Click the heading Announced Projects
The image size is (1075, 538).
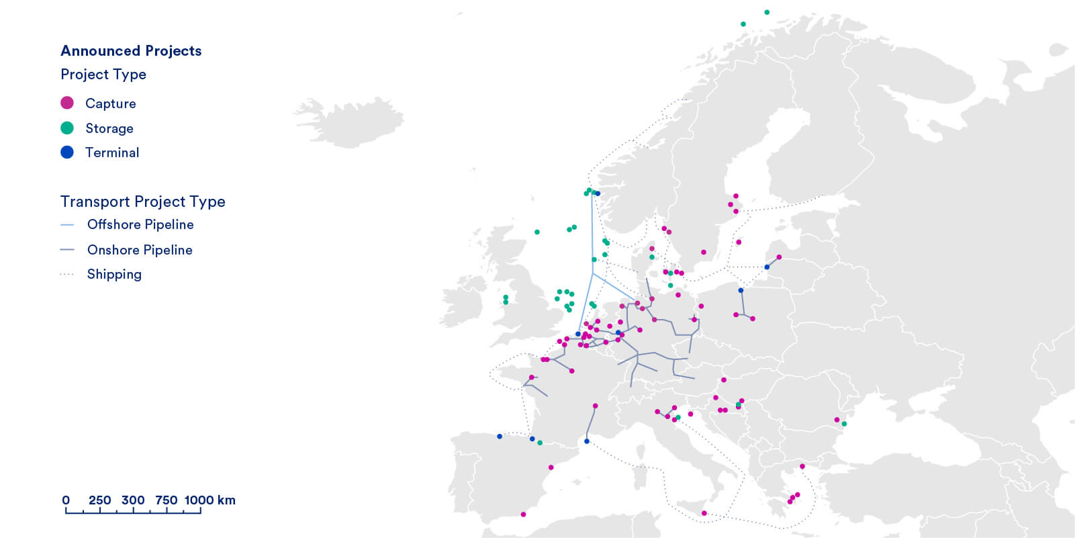[x=131, y=51]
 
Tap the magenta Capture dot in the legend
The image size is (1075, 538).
[x=67, y=103]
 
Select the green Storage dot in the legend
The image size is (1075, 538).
[x=67, y=128]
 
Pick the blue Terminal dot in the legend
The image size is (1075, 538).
[x=67, y=152]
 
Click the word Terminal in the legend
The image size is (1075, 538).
[x=112, y=152]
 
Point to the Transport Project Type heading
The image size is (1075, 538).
[x=142, y=201]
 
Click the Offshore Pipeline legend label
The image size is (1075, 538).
[x=140, y=224]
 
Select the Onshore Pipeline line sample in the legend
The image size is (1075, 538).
[x=67, y=250]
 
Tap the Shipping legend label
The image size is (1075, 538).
[x=114, y=274]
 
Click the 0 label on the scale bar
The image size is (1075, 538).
[x=66, y=500]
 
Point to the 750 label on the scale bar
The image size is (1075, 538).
[x=166, y=500]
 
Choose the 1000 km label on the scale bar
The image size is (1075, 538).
[x=209, y=500]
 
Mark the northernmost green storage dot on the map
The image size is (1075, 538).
[x=767, y=12]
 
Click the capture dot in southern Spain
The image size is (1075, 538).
[x=523, y=514]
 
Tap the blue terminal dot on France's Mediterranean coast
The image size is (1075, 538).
[x=587, y=441]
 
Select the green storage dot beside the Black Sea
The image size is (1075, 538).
[x=844, y=424]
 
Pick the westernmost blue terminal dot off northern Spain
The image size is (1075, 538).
[x=500, y=437]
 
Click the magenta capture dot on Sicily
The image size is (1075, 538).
[x=704, y=513]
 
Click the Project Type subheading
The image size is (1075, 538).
[x=103, y=75]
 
